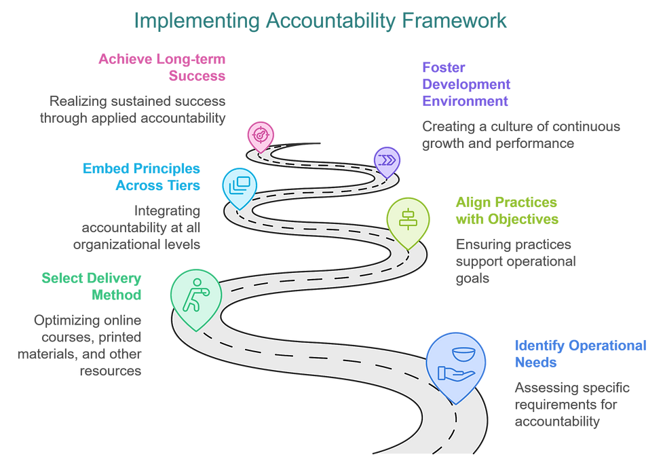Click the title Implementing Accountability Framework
click(320, 21)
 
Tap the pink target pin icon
click(261, 136)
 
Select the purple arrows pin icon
click(387, 162)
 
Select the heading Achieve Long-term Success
click(162, 67)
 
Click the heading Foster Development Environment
click(466, 84)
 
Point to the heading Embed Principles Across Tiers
click(141, 177)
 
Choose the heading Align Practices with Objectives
click(508, 210)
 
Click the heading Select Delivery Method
click(92, 286)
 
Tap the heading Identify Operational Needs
click(581, 354)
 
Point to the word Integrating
click(167, 211)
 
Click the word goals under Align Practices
click(472, 279)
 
